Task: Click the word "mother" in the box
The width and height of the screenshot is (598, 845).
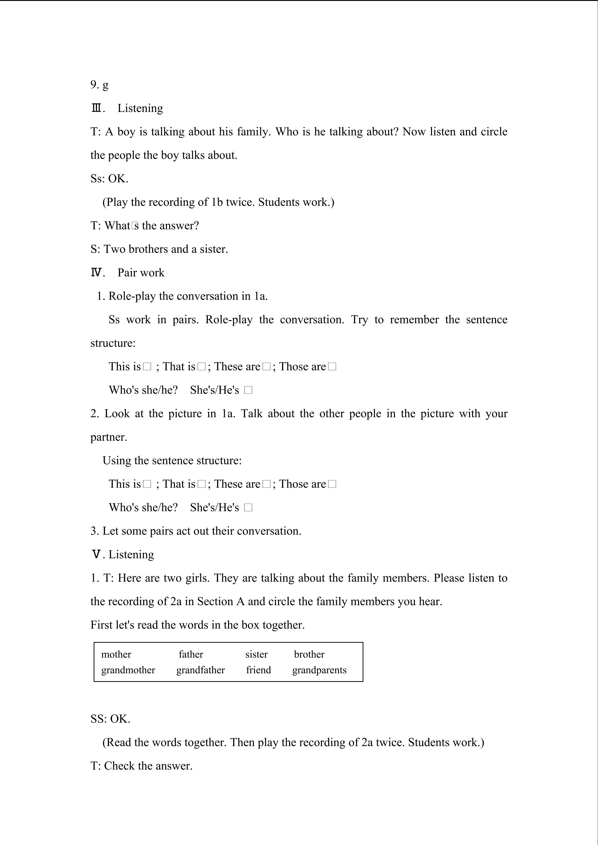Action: pyautogui.click(x=116, y=654)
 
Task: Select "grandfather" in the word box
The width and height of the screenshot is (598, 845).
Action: pyautogui.click(x=200, y=670)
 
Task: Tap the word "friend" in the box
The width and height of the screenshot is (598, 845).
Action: pyautogui.click(x=258, y=670)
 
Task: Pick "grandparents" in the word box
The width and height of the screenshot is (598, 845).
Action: pyautogui.click(x=319, y=670)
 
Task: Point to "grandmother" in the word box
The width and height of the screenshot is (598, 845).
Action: pyautogui.click(x=128, y=670)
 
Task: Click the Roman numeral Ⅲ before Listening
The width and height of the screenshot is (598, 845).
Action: pyautogui.click(x=96, y=108)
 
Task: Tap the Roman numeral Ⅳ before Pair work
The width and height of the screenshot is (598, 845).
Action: pyautogui.click(x=96, y=273)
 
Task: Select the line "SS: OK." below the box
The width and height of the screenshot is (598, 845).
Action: pyautogui.click(x=111, y=719)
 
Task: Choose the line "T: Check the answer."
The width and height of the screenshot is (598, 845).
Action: pyautogui.click(x=141, y=766)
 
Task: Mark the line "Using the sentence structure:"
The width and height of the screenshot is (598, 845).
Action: pyautogui.click(x=172, y=461)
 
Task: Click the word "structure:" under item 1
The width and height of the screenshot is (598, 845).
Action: pyautogui.click(x=113, y=343)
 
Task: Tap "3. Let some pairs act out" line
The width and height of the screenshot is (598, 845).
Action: pyautogui.click(x=196, y=531)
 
